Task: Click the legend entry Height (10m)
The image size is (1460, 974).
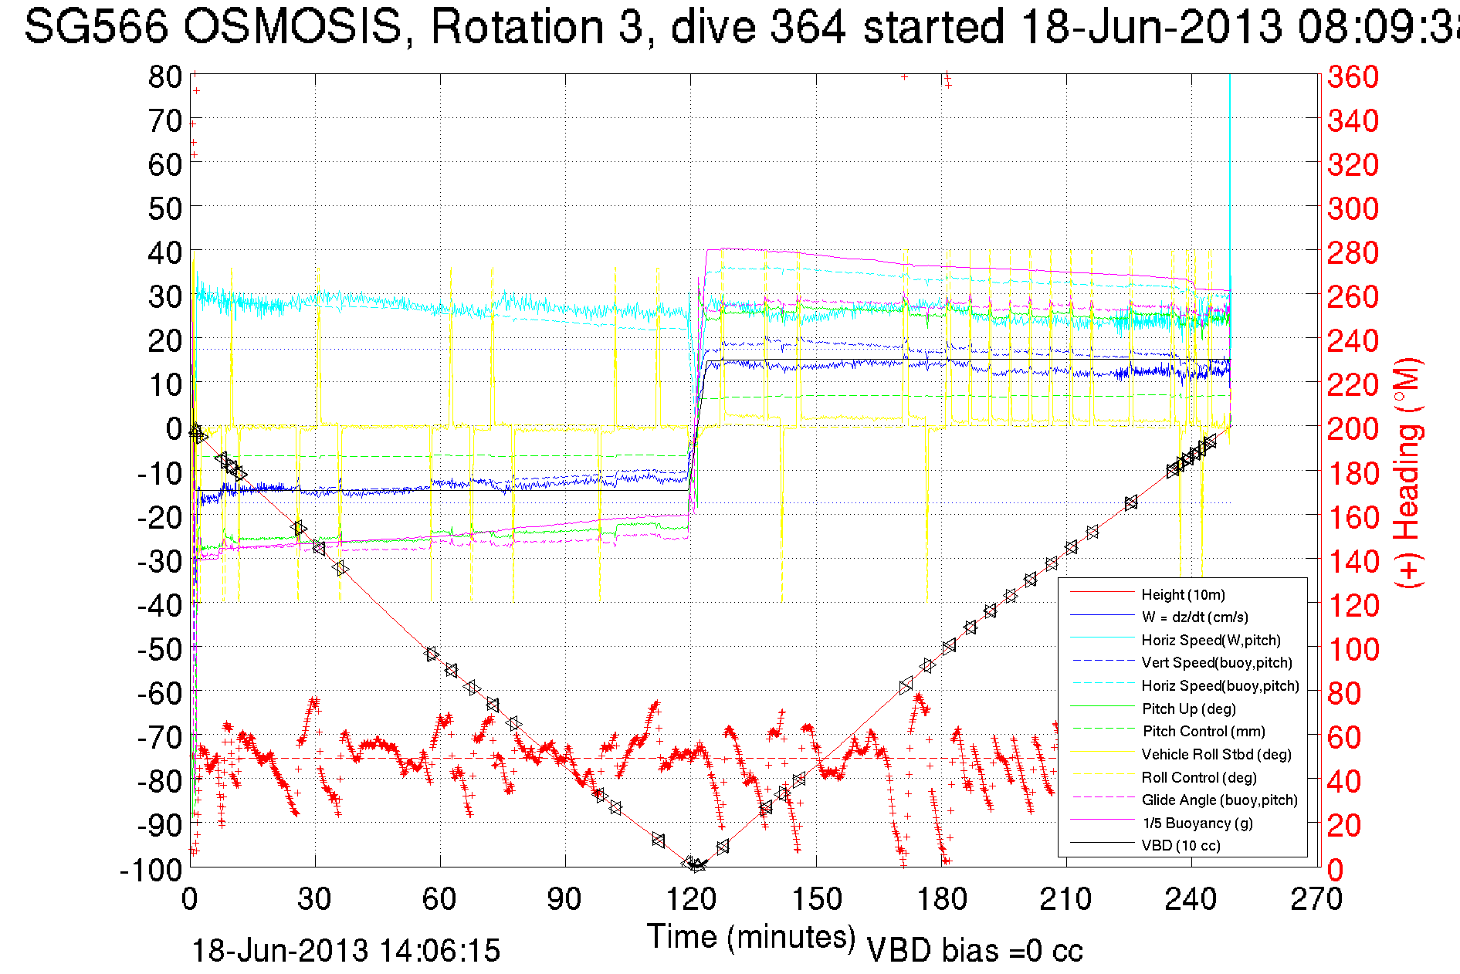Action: click(x=1183, y=594)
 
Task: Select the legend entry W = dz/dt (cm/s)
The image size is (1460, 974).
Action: click(x=1194, y=617)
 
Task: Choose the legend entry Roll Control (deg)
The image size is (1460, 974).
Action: click(x=1199, y=777)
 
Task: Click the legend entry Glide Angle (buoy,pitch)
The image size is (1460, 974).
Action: click(x=1219, y=800)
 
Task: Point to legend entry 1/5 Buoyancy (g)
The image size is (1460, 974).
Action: click(x=1197, y=823)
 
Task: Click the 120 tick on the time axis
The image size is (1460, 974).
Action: click(x=691, y=899)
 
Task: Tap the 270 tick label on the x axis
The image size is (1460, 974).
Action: click(x=1317, y=899)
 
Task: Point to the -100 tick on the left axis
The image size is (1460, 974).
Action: click(x=151, y=870)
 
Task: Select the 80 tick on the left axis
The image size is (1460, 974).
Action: click(x=164, y=76)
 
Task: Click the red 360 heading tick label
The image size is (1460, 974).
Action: click(x=1353, y=76)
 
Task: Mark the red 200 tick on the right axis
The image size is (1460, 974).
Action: click(x=1353, y=428)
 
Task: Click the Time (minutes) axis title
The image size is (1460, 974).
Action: click(x=751, y=937)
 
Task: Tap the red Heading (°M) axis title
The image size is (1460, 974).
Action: click(x=1407, y=472)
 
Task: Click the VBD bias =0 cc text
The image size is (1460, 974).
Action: click(x=974, y=951)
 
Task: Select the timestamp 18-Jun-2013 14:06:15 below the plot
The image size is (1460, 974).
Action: click(x=346, y=951)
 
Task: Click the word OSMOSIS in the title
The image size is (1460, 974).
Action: click(x=293, y=27)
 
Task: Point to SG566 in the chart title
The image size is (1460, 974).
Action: click(x=96, y=27)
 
